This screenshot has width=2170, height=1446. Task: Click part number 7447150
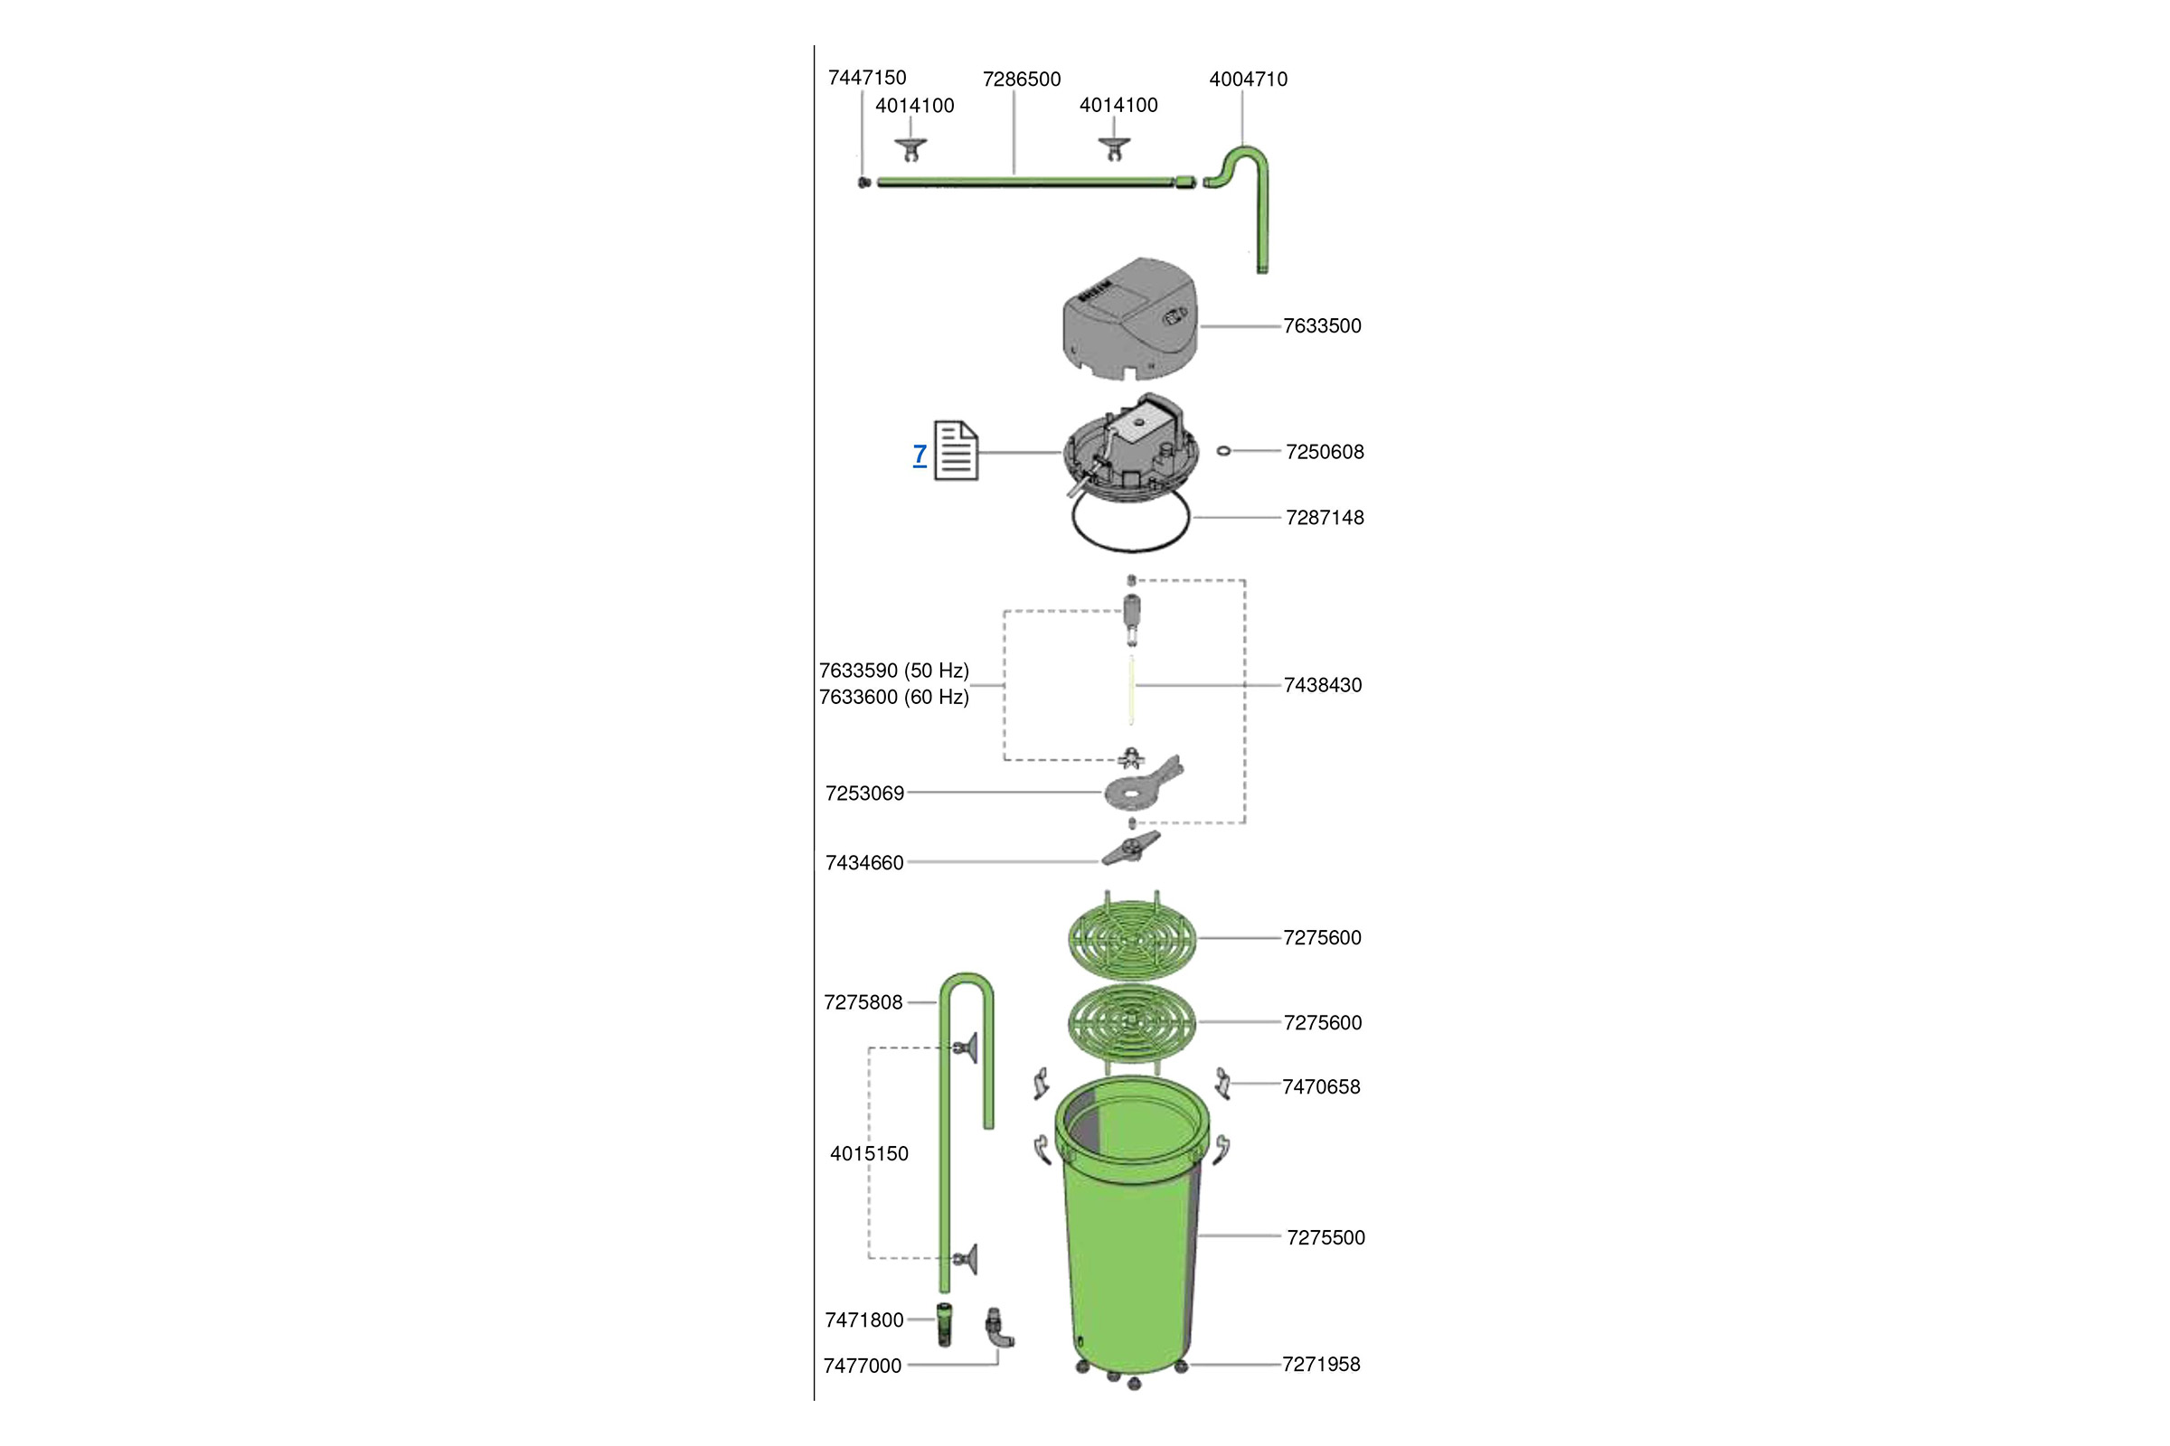866,78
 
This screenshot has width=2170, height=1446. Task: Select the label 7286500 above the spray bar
1022,80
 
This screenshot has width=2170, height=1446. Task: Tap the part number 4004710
1248,80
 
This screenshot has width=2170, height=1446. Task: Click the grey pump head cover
1130,319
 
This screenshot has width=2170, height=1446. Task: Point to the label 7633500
1321,325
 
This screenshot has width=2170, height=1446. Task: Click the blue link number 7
919,454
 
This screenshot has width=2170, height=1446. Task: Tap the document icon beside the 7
956,450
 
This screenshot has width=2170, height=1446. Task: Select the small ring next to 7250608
1223,451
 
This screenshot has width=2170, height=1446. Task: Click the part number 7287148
1324,517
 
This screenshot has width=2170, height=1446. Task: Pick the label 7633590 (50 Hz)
893,671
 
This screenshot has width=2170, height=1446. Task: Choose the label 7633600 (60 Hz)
893,697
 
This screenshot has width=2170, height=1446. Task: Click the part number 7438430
1321,685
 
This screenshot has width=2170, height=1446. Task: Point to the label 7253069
864,793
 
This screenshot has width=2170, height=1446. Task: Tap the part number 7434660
864,863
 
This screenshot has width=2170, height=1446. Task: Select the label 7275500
1325,1237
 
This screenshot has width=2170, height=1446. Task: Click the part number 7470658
1320,1086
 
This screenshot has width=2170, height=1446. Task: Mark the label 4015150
869,1154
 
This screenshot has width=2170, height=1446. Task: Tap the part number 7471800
863,1319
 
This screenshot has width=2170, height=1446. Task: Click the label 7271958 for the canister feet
1320,1364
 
